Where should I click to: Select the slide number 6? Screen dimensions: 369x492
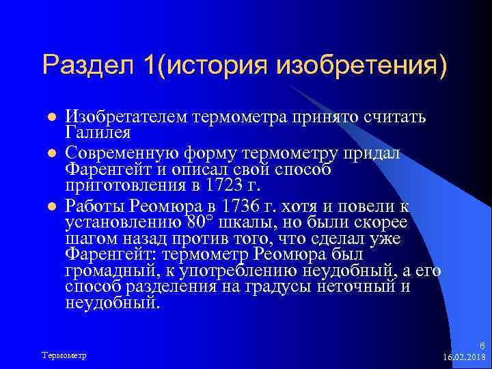(x=482, y=346)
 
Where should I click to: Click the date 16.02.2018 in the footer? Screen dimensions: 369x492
(x=464, y=357)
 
